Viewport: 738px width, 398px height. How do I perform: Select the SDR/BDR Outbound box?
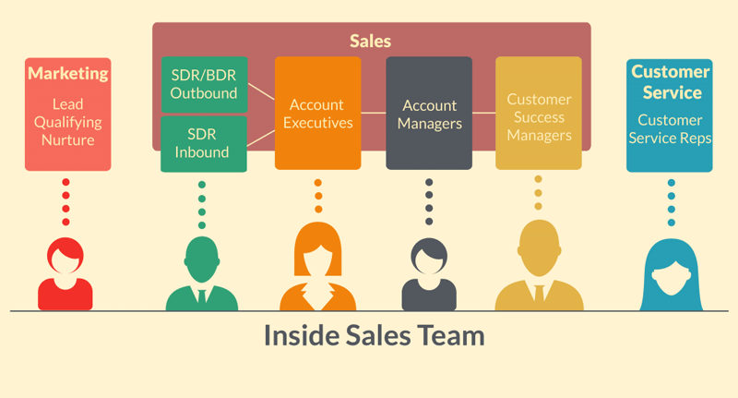203,84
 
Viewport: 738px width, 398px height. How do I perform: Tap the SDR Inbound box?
203,143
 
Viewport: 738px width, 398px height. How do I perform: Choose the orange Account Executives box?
317,113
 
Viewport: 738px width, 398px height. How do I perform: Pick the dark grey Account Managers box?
429,113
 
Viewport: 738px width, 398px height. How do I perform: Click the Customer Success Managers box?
539,113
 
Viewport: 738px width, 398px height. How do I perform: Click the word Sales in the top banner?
370,41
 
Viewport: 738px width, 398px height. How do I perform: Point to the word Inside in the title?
296,334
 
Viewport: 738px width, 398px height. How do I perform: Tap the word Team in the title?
449,334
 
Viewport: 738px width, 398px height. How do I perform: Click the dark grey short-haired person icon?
429,273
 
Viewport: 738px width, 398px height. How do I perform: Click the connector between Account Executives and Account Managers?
373,113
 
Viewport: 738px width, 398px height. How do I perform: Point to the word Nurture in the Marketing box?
67,140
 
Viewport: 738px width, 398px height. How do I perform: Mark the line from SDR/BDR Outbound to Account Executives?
261,94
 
